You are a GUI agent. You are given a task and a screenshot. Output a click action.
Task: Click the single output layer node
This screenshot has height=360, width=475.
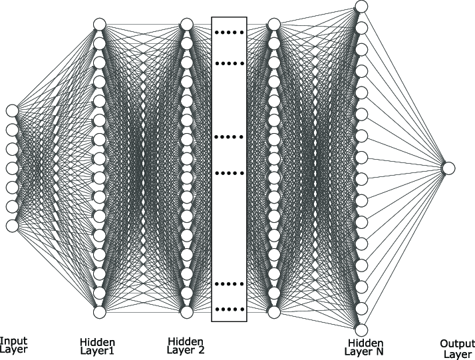[x=448, y=168]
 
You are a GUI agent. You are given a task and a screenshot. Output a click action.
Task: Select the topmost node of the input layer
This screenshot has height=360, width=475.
[x=11, y=110]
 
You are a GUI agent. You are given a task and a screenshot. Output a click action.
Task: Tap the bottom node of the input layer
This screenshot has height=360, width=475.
[x=11, y=226]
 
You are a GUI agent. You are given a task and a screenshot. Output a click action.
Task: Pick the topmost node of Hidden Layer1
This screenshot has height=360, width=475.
[x=100, y=25]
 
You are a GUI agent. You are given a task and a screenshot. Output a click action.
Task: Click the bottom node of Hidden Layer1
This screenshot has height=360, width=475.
[x=100, y=311]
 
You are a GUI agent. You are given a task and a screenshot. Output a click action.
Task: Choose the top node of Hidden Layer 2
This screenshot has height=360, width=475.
[x=187, y=25]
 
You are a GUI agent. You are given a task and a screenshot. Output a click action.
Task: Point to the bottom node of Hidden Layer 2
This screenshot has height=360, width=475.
[x=187, y=311]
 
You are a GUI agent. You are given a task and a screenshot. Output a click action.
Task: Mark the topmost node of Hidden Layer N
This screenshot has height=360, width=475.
[x=361, y=7]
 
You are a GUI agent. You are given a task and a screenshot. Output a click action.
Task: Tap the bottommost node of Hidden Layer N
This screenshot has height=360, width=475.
[x=361, y=329]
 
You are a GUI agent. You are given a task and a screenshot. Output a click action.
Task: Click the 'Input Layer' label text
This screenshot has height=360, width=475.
[x=13, y=344]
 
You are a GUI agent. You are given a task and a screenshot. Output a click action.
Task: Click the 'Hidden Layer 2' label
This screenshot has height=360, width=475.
[x=186, y=346]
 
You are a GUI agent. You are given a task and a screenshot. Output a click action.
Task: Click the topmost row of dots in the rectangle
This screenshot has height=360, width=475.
[x=229, y=32]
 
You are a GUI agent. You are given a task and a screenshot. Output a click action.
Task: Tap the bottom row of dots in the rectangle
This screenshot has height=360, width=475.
[x=229, y=309]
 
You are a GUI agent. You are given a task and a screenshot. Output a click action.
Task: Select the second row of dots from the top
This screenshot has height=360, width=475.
[x=229, y=64]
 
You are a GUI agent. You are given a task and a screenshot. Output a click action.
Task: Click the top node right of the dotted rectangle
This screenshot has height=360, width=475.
[x=273, y=25]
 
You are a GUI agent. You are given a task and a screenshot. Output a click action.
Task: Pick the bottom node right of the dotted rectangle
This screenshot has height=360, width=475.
[x=273, y=311]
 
